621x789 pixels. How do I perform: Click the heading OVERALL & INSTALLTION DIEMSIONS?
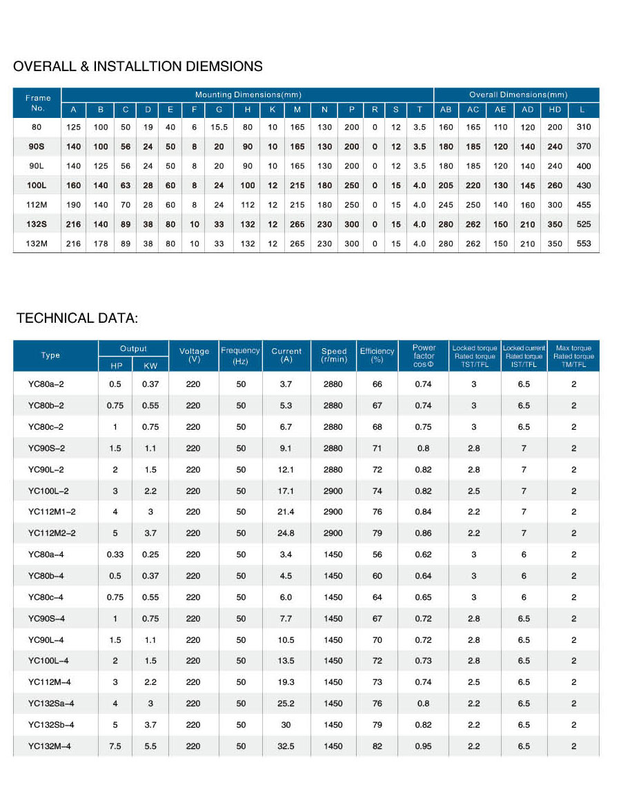click(138, 67)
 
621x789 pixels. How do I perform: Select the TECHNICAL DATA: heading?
click(77, 318)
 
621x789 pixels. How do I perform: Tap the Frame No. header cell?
click(37, 103)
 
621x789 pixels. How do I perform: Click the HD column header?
click(555, 110)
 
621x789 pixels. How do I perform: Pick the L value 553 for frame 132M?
click(584, 243)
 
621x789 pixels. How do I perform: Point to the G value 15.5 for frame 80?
click(219, 127)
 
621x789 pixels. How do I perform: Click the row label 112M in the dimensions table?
click(37, 205)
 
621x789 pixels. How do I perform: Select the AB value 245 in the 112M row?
click(446, 205)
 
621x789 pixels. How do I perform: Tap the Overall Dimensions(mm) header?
click(517, 94)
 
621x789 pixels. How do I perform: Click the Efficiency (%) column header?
click(377, 355)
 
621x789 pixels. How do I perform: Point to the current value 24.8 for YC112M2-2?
click(286, 533)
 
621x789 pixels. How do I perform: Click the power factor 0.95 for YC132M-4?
click(423, 746)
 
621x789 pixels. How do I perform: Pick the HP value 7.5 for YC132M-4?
click(115, 746)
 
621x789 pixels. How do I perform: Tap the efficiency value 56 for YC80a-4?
click(377, 555)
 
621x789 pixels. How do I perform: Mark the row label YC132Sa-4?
click(51, 703)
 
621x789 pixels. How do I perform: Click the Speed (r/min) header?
click(333, 355)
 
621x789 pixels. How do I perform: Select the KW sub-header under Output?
click(150, 365)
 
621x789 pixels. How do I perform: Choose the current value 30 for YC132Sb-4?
click(286, 725)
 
